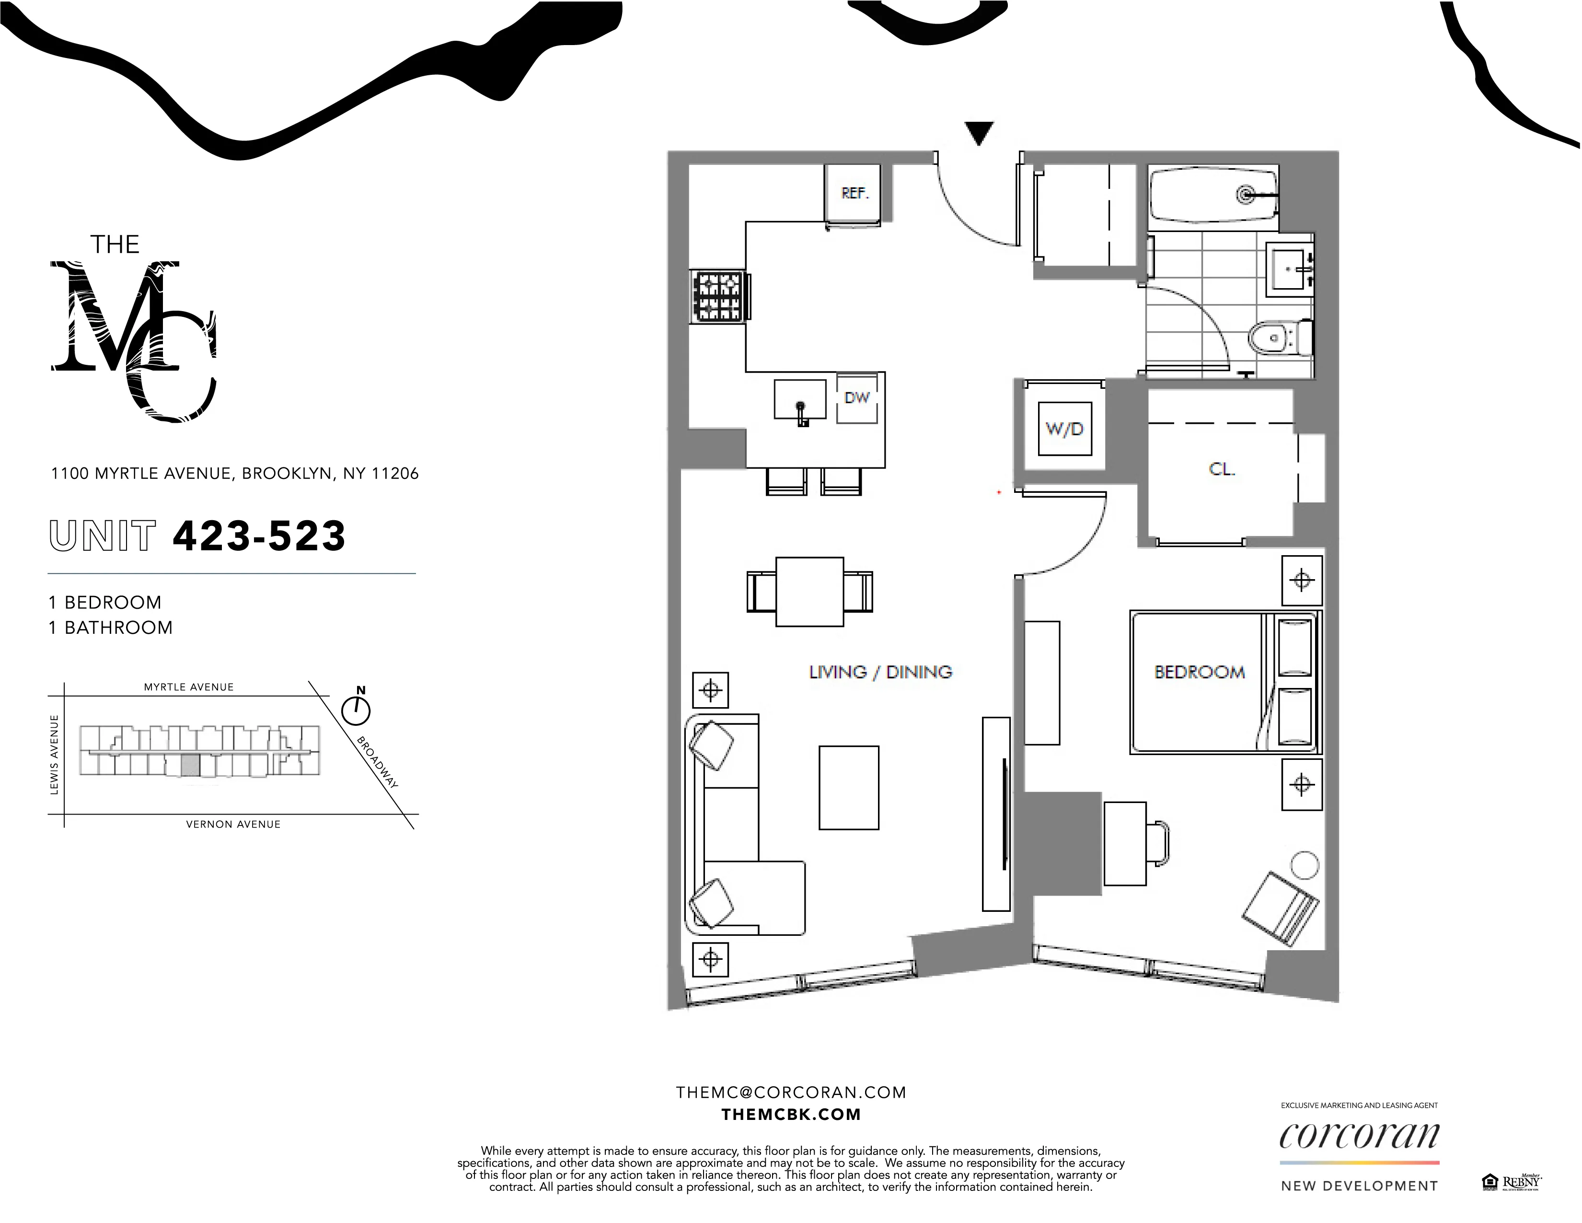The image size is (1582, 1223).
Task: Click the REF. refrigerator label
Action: click(855, 194)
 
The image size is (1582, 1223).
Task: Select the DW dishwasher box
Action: click(857, 398)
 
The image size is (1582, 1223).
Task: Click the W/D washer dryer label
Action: click(1064, 429)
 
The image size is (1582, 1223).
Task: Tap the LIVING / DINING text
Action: click(880, 672)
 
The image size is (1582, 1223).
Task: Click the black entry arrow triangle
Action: click(979, 133)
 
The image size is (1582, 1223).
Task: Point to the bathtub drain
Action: click(1246, 194)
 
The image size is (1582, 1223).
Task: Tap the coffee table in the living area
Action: click(849, 788)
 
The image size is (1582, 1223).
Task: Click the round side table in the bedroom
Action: click(1305, 864)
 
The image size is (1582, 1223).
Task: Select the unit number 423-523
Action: click(259, 536)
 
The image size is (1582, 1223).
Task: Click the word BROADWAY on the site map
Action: click(377, 762)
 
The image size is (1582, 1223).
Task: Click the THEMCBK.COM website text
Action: click(791, 1114)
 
